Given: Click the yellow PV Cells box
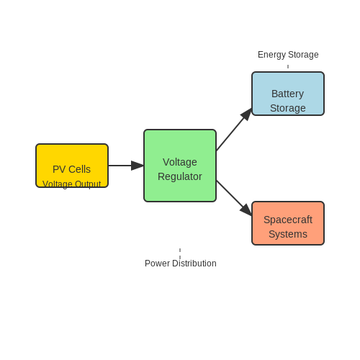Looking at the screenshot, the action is point(72,166).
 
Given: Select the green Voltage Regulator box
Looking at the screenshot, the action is point(180,166).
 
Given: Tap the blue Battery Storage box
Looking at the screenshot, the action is point(288,94).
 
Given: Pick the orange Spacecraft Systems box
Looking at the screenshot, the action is point(288,223).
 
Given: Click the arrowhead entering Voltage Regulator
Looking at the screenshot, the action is point(138,166).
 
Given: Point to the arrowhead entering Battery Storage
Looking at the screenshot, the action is point(246,114).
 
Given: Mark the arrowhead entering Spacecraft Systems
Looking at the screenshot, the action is point(246,210).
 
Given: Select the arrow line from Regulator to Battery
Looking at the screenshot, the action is point(234,130).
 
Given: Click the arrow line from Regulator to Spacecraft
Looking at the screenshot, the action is point(234,198).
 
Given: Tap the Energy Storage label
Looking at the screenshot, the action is point(288,55).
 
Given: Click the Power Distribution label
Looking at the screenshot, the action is point(181,264).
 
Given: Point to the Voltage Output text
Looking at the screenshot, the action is point(71,184).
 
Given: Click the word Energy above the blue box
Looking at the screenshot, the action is point(272,55).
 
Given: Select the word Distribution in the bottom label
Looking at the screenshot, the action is point(194,264).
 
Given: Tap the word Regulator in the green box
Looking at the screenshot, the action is point(180,176).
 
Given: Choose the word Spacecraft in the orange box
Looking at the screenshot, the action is point(288,220).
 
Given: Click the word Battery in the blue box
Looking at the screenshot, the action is point(287,94).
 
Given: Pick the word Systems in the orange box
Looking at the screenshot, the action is point(288,234).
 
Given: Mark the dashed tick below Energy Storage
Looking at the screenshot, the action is point(288,66).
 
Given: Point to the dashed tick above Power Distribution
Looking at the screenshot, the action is point(180,253).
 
